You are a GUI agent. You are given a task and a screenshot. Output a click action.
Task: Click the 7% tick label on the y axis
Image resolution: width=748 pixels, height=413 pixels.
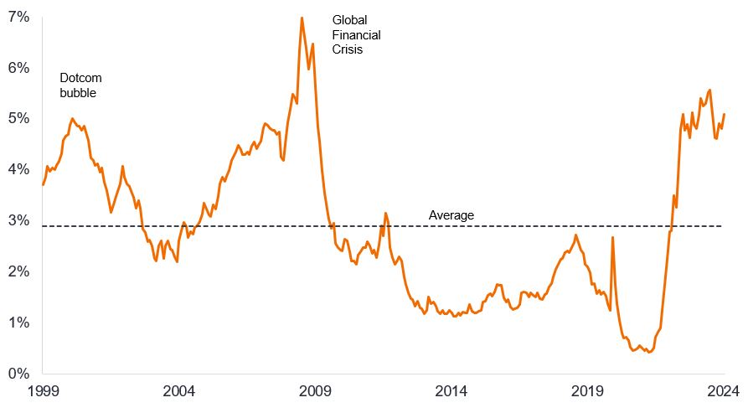[18, 17]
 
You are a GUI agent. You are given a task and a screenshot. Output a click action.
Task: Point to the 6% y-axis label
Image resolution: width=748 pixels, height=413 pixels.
[18, 68]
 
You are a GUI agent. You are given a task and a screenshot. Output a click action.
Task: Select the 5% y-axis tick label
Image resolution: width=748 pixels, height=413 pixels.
[18, 119]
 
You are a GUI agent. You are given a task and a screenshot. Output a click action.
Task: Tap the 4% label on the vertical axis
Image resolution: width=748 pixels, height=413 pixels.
[18, 170]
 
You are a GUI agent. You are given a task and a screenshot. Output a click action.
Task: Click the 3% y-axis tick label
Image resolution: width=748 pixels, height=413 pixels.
[18, 221]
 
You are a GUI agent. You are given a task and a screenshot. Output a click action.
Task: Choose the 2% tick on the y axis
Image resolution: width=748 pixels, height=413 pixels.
[18, 272]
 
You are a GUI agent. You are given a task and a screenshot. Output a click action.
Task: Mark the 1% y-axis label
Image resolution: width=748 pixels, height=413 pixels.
[18, 323]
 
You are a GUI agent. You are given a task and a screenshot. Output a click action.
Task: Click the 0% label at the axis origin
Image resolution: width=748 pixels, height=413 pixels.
[18, 374]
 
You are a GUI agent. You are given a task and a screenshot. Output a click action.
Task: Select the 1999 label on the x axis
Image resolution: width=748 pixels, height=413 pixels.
[43, 390]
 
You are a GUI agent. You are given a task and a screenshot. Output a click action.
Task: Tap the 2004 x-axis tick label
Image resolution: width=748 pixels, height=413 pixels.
[179, 390]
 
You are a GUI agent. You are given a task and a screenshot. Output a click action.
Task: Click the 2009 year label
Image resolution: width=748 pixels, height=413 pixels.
[316, 390]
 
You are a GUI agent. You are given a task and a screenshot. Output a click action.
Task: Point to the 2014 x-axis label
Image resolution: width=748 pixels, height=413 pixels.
[452, 390]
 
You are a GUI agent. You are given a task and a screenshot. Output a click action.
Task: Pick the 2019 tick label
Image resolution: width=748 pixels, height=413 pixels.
[589, 390]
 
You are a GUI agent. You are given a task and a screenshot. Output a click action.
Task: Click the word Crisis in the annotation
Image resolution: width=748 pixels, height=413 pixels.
[349, 49]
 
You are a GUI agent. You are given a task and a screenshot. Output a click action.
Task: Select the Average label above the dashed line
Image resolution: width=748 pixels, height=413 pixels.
[451, 215]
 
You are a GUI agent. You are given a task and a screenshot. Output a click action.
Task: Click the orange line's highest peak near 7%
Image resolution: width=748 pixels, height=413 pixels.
[302, 18]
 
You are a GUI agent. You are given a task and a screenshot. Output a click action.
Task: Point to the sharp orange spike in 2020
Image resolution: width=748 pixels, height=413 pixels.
[612, 238]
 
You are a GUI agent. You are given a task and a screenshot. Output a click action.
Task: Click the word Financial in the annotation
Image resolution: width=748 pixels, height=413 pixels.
[356, 35]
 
